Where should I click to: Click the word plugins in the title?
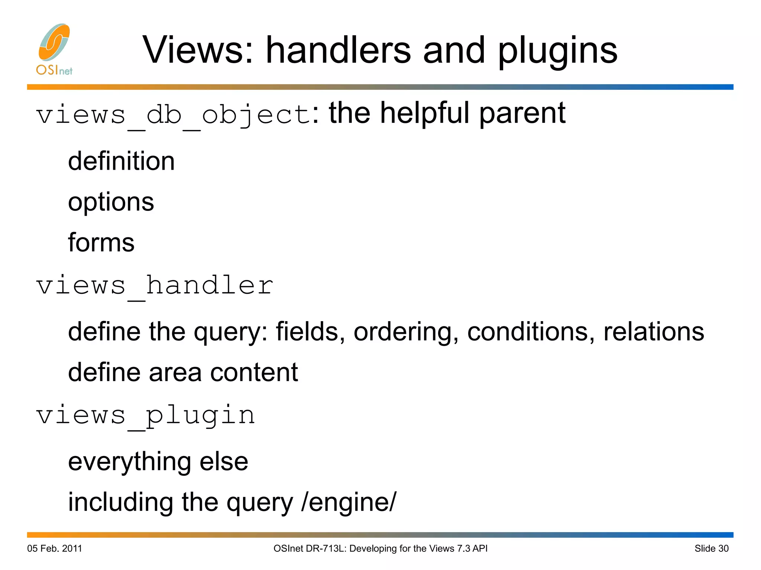click(x=557, y=51)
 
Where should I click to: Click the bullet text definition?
click(x=121, y=162)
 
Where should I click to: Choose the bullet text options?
click(x=111, y=203)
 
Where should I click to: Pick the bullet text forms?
click(x=101, y=243)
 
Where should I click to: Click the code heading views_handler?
click(x=155, y=286)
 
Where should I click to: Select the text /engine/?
click(x=349, y=502)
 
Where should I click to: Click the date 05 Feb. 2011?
click(x=55, y=548)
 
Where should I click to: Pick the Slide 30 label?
click(x=711, y=548)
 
